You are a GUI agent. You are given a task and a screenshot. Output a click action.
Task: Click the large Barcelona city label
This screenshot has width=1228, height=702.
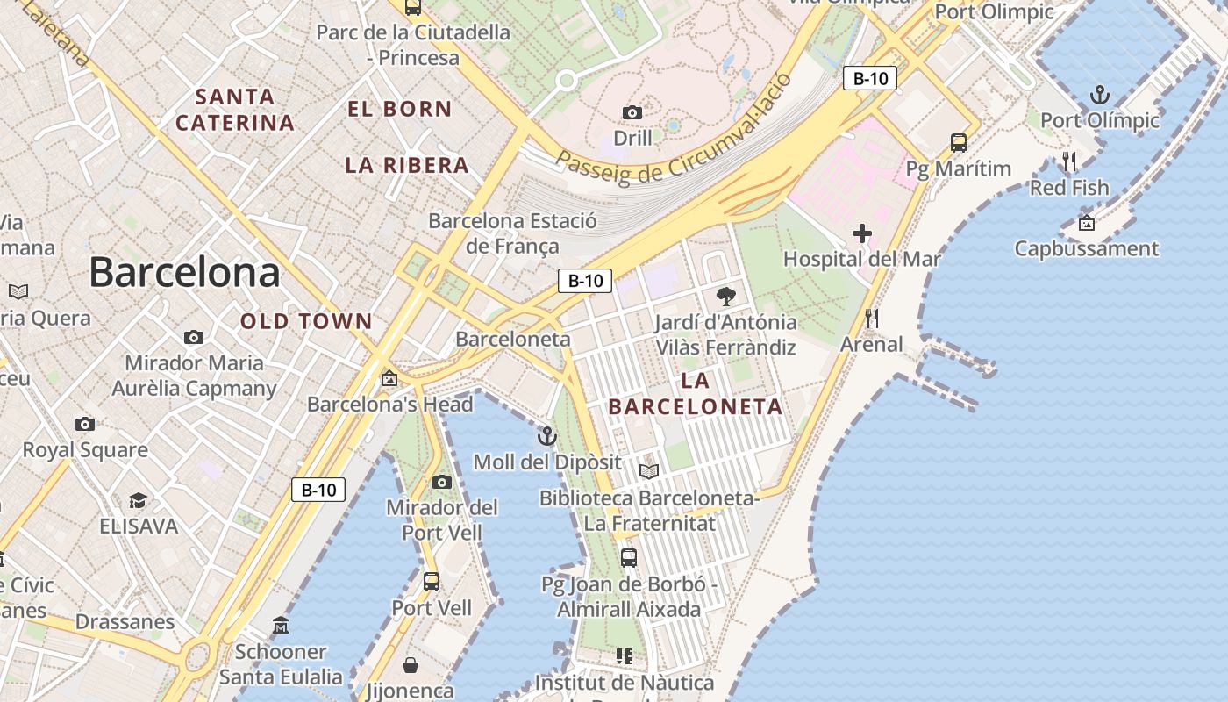[184, 272]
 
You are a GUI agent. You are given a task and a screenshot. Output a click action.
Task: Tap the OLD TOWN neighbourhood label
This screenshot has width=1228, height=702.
[307, 322]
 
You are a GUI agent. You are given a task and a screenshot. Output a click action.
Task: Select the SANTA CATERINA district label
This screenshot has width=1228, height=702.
[235, 110]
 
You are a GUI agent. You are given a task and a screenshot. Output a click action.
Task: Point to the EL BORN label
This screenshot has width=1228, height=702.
[400, 110]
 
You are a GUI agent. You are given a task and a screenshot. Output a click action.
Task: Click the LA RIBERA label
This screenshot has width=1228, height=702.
[407, 165]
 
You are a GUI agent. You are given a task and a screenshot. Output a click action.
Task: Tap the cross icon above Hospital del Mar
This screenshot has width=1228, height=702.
[862, 233]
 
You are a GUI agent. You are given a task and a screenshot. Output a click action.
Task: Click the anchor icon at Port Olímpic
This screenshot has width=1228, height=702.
[1099, 95]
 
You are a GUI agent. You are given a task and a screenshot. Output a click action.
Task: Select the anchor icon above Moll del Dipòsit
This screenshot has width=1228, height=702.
[547, 436]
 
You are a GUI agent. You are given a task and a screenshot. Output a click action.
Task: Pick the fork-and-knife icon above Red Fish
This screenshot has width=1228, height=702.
[1068, 161]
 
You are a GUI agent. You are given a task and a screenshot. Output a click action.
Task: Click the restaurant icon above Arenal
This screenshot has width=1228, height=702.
[871, 318]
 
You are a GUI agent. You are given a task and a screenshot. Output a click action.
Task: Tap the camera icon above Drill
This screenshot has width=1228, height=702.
[632, 112]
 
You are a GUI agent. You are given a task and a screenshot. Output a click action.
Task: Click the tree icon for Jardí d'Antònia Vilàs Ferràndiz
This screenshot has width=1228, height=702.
[725, 297]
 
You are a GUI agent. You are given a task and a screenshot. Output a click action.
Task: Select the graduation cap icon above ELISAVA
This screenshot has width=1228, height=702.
[138, 500]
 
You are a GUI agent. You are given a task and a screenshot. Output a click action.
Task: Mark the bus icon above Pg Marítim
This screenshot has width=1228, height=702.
[959, 142]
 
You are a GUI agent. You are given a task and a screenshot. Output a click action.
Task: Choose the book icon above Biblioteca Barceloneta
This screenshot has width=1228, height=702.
[649, 472]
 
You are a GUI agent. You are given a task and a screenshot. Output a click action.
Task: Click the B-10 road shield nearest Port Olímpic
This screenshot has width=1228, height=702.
[870, 78]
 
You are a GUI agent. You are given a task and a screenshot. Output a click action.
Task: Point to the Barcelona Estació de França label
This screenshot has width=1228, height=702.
[512, 233]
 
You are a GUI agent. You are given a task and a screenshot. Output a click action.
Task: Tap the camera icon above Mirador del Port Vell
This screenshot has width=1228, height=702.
[442, 482]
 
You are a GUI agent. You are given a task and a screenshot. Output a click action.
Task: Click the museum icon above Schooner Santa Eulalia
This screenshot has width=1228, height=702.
[281, 626]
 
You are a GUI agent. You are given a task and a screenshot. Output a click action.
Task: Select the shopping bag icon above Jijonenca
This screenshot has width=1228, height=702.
[410, 664]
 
